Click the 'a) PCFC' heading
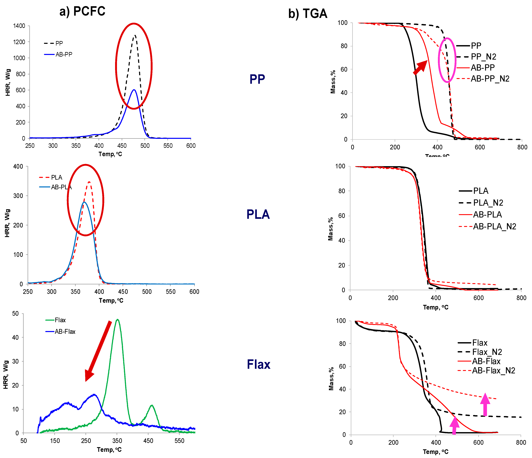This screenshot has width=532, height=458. (82, 11)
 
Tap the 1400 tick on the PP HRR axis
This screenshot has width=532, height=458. (19, 26)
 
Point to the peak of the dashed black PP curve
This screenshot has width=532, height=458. (134, 36)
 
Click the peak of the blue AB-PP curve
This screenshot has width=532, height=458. (134, 90)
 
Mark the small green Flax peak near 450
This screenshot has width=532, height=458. (152, 405)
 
